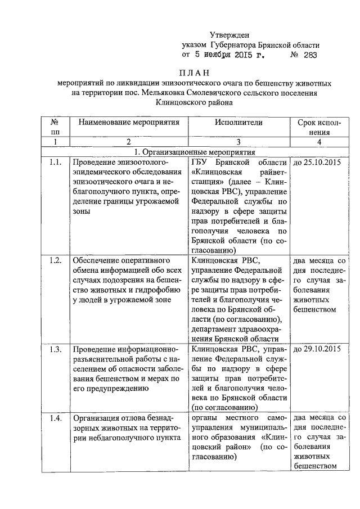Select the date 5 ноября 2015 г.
pos(229,55)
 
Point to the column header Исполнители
pos(238,121)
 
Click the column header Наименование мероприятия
pos(129,121)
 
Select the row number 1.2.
pos(55,260)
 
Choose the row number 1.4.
pos(55,418)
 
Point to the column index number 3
pos(238,142)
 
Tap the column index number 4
pos(319,142)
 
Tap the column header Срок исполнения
pos(318,127)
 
